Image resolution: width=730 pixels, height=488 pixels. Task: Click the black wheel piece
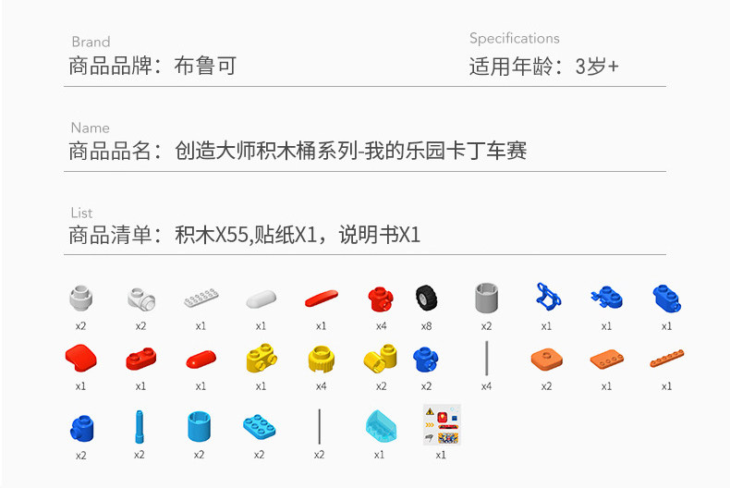[426, 298]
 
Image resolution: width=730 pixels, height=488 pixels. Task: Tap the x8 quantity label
[426, 325]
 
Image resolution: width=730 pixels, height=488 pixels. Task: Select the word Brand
[91, 42]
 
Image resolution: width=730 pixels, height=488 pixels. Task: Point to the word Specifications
[514, 38]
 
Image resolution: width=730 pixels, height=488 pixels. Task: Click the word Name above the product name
[90, 128]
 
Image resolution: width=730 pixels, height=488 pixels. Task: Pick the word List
[81, 213]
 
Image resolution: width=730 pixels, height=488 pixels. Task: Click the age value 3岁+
[597, 67]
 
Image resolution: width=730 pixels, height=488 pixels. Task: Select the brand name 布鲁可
[205, 67]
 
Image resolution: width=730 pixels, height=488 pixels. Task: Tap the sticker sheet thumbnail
[441, 425]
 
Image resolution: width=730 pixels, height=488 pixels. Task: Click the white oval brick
[261, 299]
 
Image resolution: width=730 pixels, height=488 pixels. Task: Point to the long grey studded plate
[201, 299]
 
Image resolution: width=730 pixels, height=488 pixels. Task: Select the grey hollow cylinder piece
[486, 298]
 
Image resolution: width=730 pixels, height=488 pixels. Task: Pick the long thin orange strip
[666, 358]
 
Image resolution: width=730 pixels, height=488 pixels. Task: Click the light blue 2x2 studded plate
[259, 425]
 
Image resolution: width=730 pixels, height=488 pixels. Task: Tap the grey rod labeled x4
[486, 359]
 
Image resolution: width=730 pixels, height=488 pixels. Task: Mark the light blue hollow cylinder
[200, 425]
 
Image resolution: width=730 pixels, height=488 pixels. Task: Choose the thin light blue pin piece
[140, 425]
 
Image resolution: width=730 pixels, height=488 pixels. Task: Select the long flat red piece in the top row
[321, 298]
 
